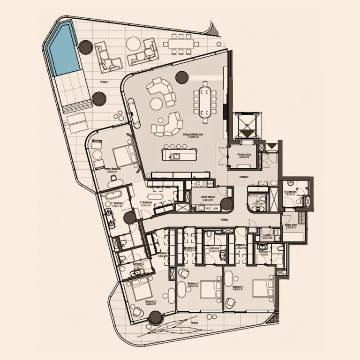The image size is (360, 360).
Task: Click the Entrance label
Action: click(243, 177)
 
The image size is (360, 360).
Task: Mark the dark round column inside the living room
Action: click(180, 77)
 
